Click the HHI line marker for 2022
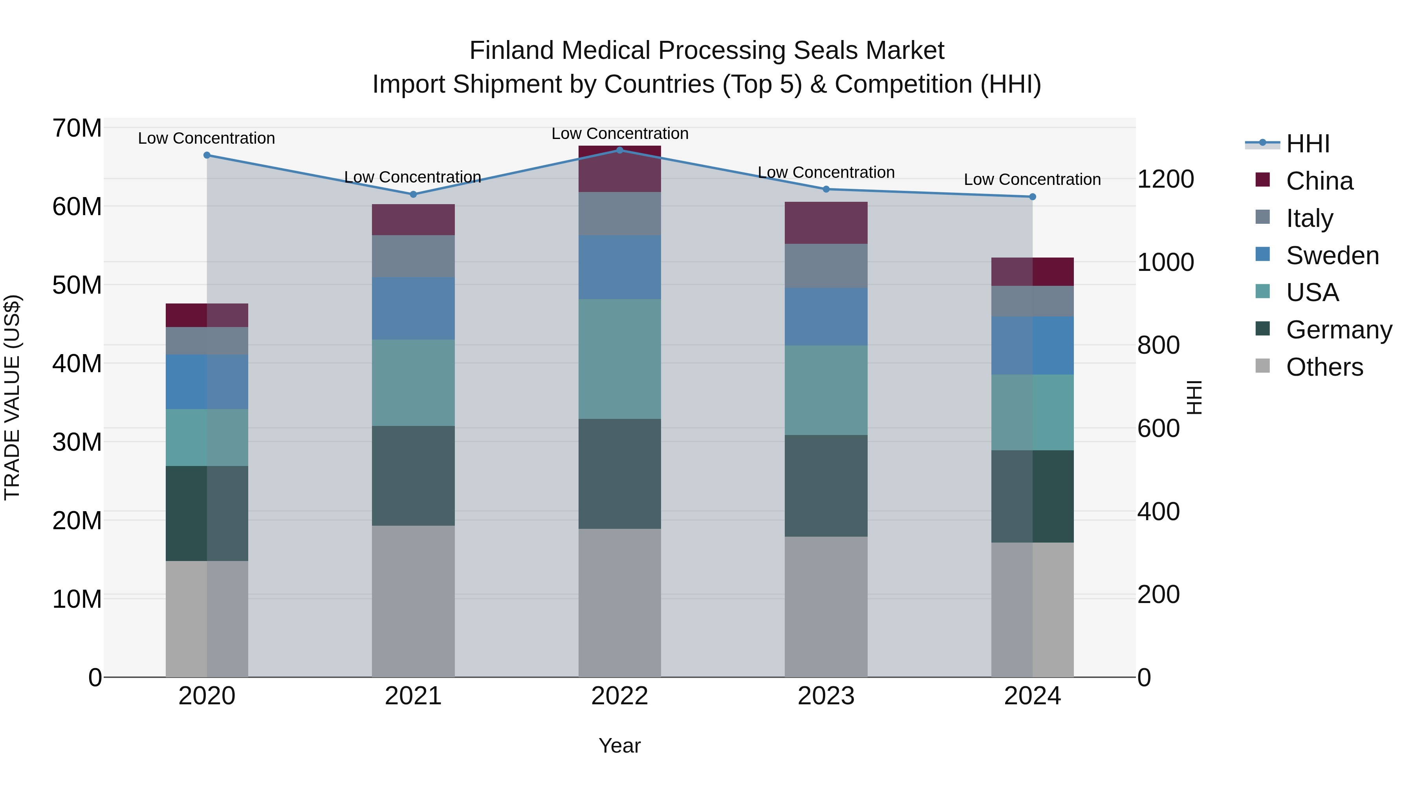(620, 150)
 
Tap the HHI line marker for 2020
(207, 155)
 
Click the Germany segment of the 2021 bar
(413, 476)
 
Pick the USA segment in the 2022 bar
(620, 359)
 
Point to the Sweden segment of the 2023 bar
(826, 316)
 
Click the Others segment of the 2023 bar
(826, 606)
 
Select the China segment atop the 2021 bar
(413, 219)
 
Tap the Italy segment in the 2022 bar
(620, 214)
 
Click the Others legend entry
(1324, 367)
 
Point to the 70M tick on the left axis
(77, 128)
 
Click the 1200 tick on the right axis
(1165, 179)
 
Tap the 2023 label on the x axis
(826, 696)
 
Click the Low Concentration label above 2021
(412, 177)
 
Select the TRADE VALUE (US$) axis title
(12, 397)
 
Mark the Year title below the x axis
(620, 746)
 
